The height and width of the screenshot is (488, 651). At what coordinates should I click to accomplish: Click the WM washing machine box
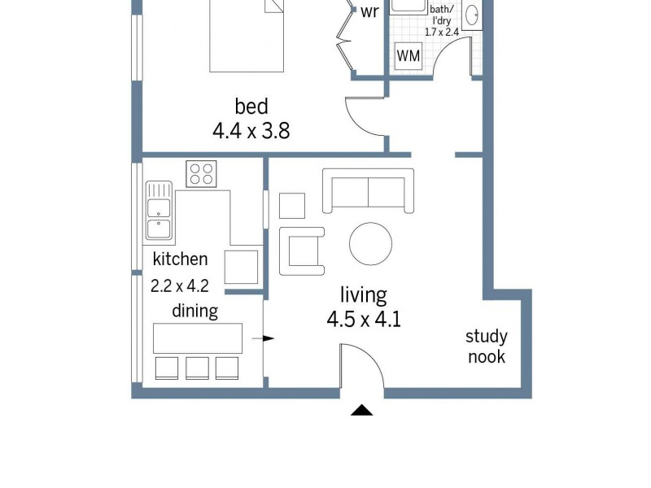pos(408,56)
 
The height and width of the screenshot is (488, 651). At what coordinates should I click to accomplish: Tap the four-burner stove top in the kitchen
pos(201,173)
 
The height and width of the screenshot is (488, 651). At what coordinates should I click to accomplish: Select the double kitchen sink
pos(158,211)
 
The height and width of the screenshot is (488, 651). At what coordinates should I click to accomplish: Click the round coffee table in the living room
pos(371,243)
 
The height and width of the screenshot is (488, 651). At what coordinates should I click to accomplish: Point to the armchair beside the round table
pos(302,251)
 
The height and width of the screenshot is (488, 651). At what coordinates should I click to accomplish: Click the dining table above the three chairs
pos(198,337)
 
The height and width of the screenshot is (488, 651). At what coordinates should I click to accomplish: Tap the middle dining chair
pos(198,368)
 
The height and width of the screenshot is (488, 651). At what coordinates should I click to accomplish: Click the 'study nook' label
pos(486,346)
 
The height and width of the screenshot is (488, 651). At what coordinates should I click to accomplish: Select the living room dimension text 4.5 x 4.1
pos(364,319)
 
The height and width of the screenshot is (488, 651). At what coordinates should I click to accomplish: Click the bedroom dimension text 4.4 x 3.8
pos(251,129)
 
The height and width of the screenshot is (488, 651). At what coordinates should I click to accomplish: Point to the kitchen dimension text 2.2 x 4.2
pos(180,285)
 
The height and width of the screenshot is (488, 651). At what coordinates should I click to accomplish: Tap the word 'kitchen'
pos(180,259)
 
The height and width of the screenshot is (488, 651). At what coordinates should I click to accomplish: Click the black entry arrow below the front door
pos(361,410)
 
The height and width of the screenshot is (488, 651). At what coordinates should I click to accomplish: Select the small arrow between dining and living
pos(268,338)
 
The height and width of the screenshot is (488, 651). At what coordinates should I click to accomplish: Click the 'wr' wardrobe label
pos(369,12)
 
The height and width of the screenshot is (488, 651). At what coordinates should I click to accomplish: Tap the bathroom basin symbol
pos(472,15)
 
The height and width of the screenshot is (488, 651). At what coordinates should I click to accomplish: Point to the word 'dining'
pos(194,311)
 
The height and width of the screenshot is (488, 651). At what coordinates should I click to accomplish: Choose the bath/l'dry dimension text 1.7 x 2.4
pos(442,33)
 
